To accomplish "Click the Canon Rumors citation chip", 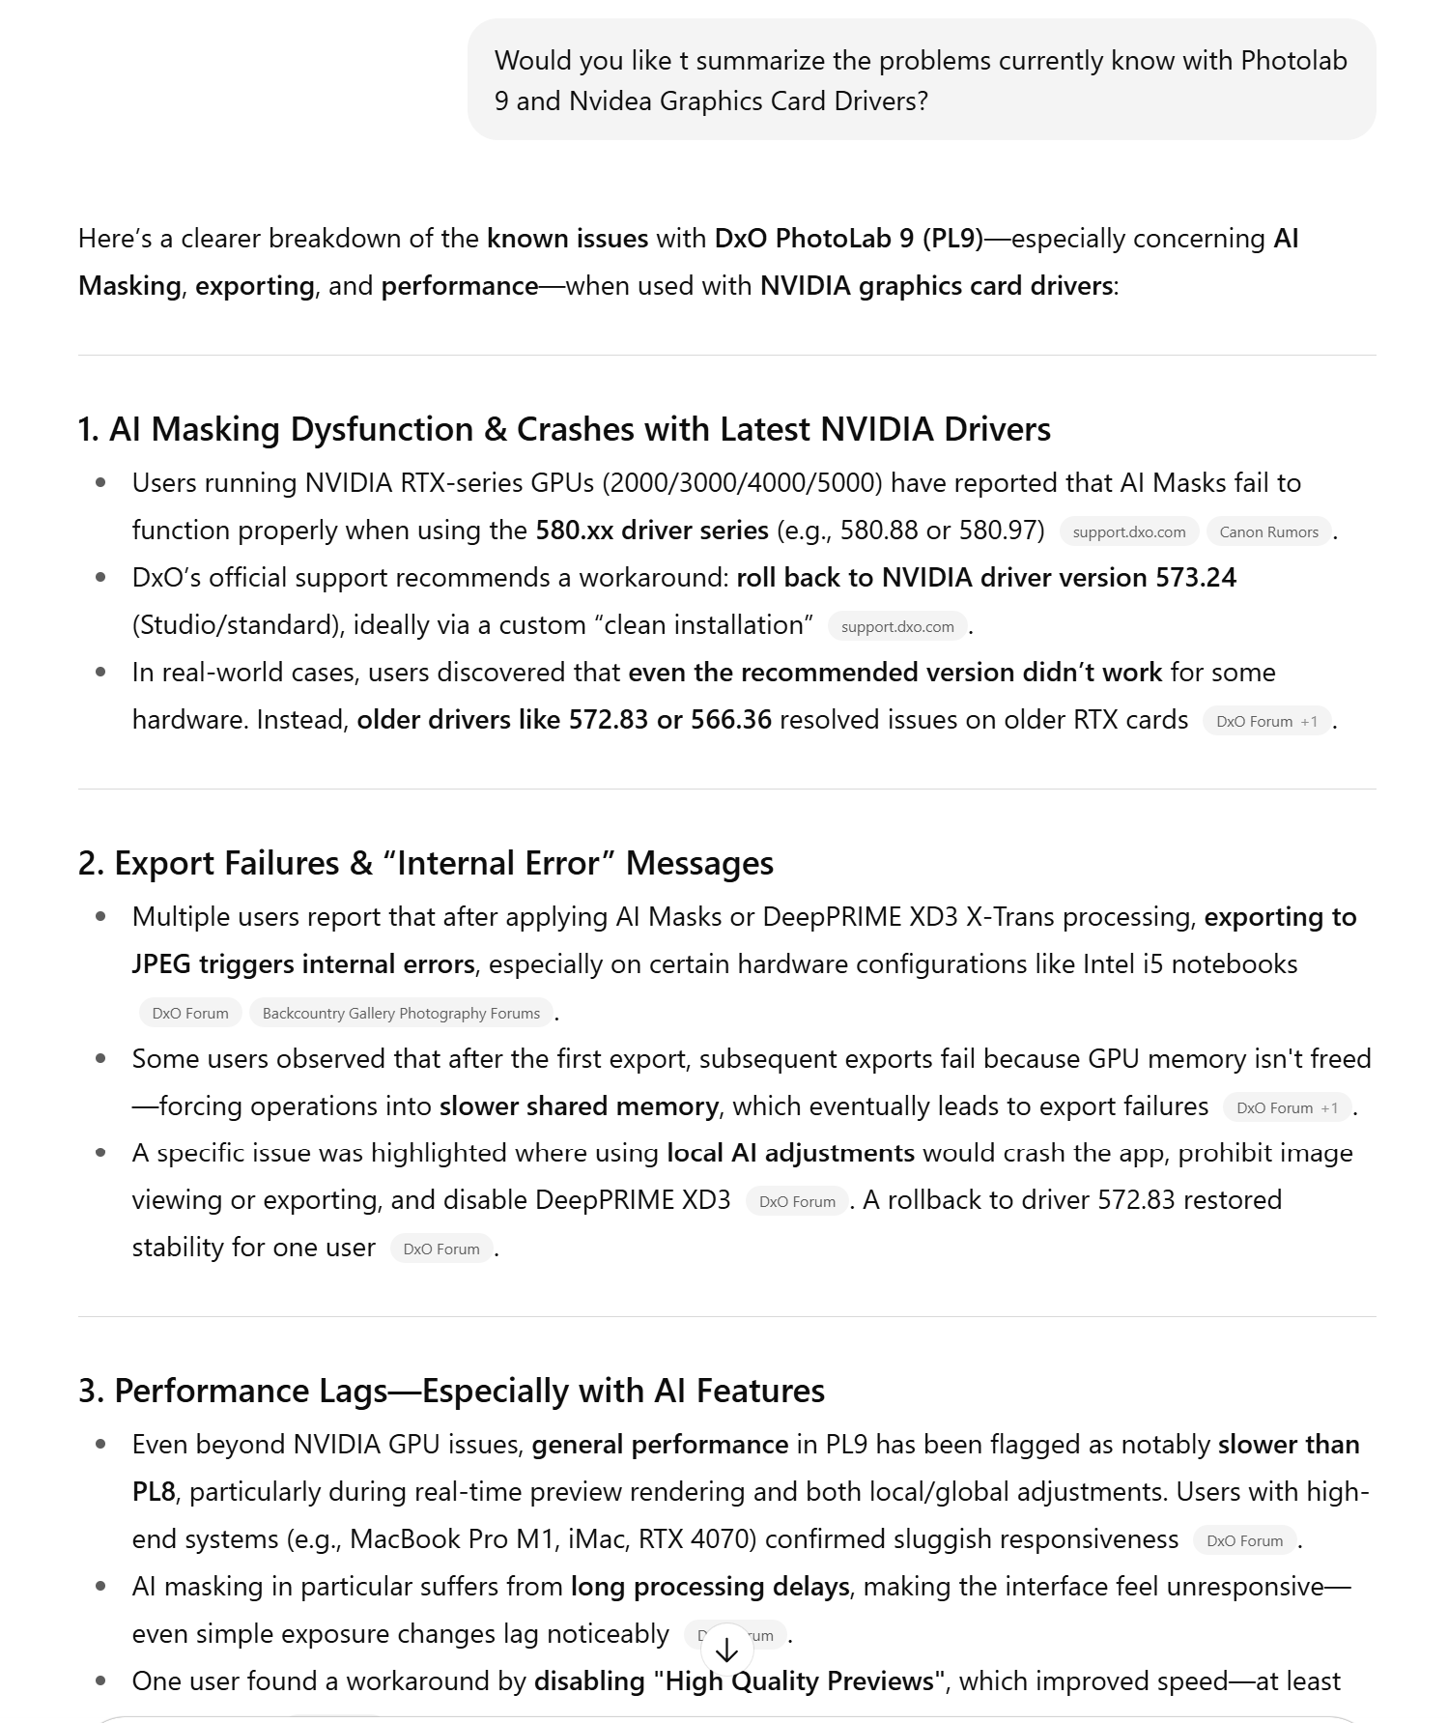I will click(1268, 531).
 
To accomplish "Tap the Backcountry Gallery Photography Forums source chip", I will click(401, 1013).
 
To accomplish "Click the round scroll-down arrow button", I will click(726, 1650).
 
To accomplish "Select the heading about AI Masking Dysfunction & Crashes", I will click(564, 429).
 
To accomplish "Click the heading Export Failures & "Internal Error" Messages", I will click(425, 863).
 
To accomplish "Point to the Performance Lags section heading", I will click(451, 1391).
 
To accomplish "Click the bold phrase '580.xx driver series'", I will click(652, 531).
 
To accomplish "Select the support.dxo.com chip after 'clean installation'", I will click(897, 626).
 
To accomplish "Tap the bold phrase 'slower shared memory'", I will click(579, 1106).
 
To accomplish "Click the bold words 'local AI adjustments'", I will click(790, 1153).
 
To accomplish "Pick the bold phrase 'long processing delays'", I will click(710, 1587).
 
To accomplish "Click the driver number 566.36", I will click(731, 720).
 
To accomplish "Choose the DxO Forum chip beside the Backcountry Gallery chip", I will click(190, 1013).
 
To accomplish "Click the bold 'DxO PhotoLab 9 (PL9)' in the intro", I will click(848, 239).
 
